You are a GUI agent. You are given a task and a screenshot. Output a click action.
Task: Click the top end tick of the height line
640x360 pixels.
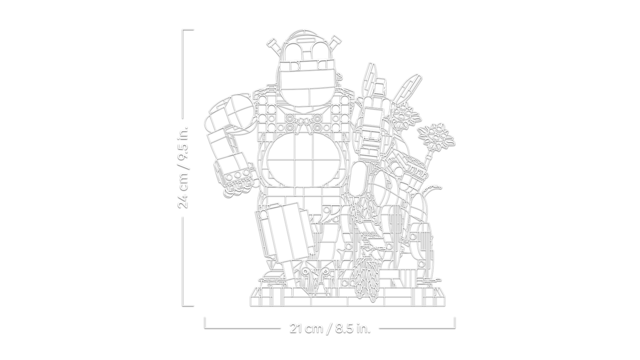[x=188, y=30]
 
